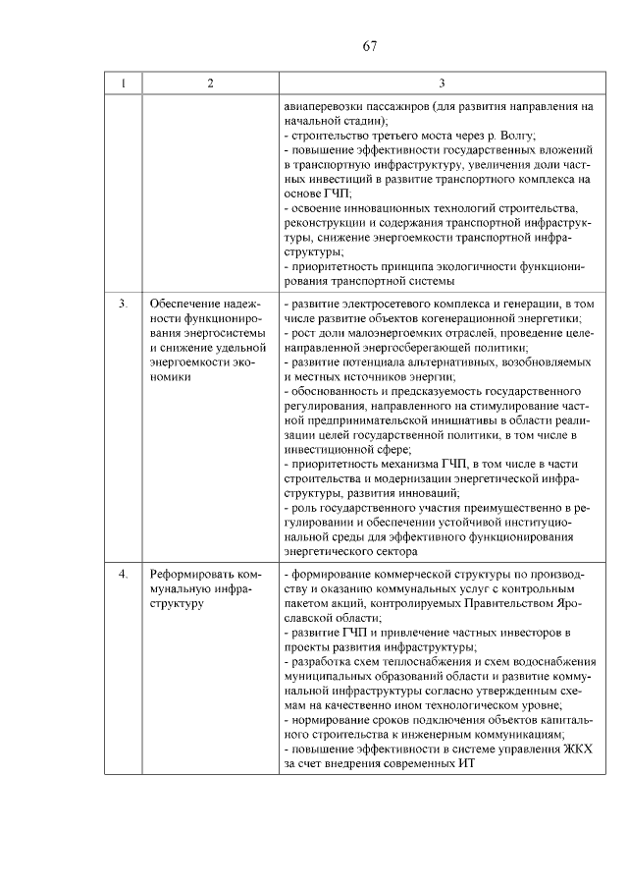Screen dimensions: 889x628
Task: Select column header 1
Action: [x=123, y=83]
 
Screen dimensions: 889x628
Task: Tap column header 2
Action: [x=210, y=83]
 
